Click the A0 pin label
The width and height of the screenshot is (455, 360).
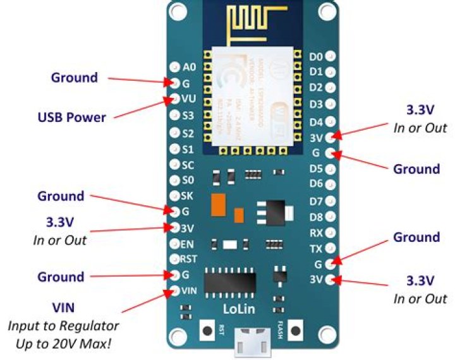[189, 66]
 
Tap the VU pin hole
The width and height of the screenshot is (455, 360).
[174, 99]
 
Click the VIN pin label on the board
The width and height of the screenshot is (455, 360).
[190, 291]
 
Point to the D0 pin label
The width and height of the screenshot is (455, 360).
[316, 57]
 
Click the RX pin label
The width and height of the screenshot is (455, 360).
[316, 233]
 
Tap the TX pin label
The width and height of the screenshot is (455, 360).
[316, 249]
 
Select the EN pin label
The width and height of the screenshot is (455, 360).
[188, 243]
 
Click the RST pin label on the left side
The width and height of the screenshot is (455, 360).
[189, 258]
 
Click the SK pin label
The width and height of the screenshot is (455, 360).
[188, 195]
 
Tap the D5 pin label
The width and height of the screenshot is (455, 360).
[316, 169]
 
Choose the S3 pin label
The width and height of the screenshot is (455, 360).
[188, 116]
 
